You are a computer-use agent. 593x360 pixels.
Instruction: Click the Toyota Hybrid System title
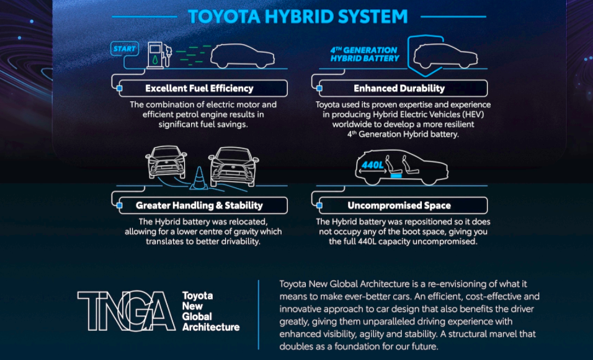(298, 17)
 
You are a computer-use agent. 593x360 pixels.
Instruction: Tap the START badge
(125, 49)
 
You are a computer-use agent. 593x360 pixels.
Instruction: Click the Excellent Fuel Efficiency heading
(199, 88)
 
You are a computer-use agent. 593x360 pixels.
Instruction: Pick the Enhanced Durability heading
(399, 88)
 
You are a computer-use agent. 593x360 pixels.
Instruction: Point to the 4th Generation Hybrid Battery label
(365, 54)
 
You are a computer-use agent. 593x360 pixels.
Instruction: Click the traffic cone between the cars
(198, 178)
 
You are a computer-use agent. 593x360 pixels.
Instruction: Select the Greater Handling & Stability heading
(199, 205)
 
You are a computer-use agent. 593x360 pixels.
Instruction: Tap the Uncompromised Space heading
(399, 205)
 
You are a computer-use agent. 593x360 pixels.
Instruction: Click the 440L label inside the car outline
(373, 165)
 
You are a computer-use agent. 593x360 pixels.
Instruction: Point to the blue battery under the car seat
(396, 176)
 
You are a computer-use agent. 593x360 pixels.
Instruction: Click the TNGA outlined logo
(127, 311)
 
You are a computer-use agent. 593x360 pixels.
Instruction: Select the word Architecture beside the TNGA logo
(211, 327)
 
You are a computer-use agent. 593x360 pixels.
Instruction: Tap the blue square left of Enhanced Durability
(319, 88)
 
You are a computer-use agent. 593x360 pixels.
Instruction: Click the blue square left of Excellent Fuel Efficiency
(120, 88)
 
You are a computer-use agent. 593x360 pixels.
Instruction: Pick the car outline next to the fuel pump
(243, 56)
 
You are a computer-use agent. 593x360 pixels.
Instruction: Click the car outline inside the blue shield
(445, 56)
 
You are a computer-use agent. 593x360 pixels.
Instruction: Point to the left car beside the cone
(166, 163)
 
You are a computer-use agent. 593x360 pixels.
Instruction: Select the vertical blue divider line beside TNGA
(259, 315)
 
